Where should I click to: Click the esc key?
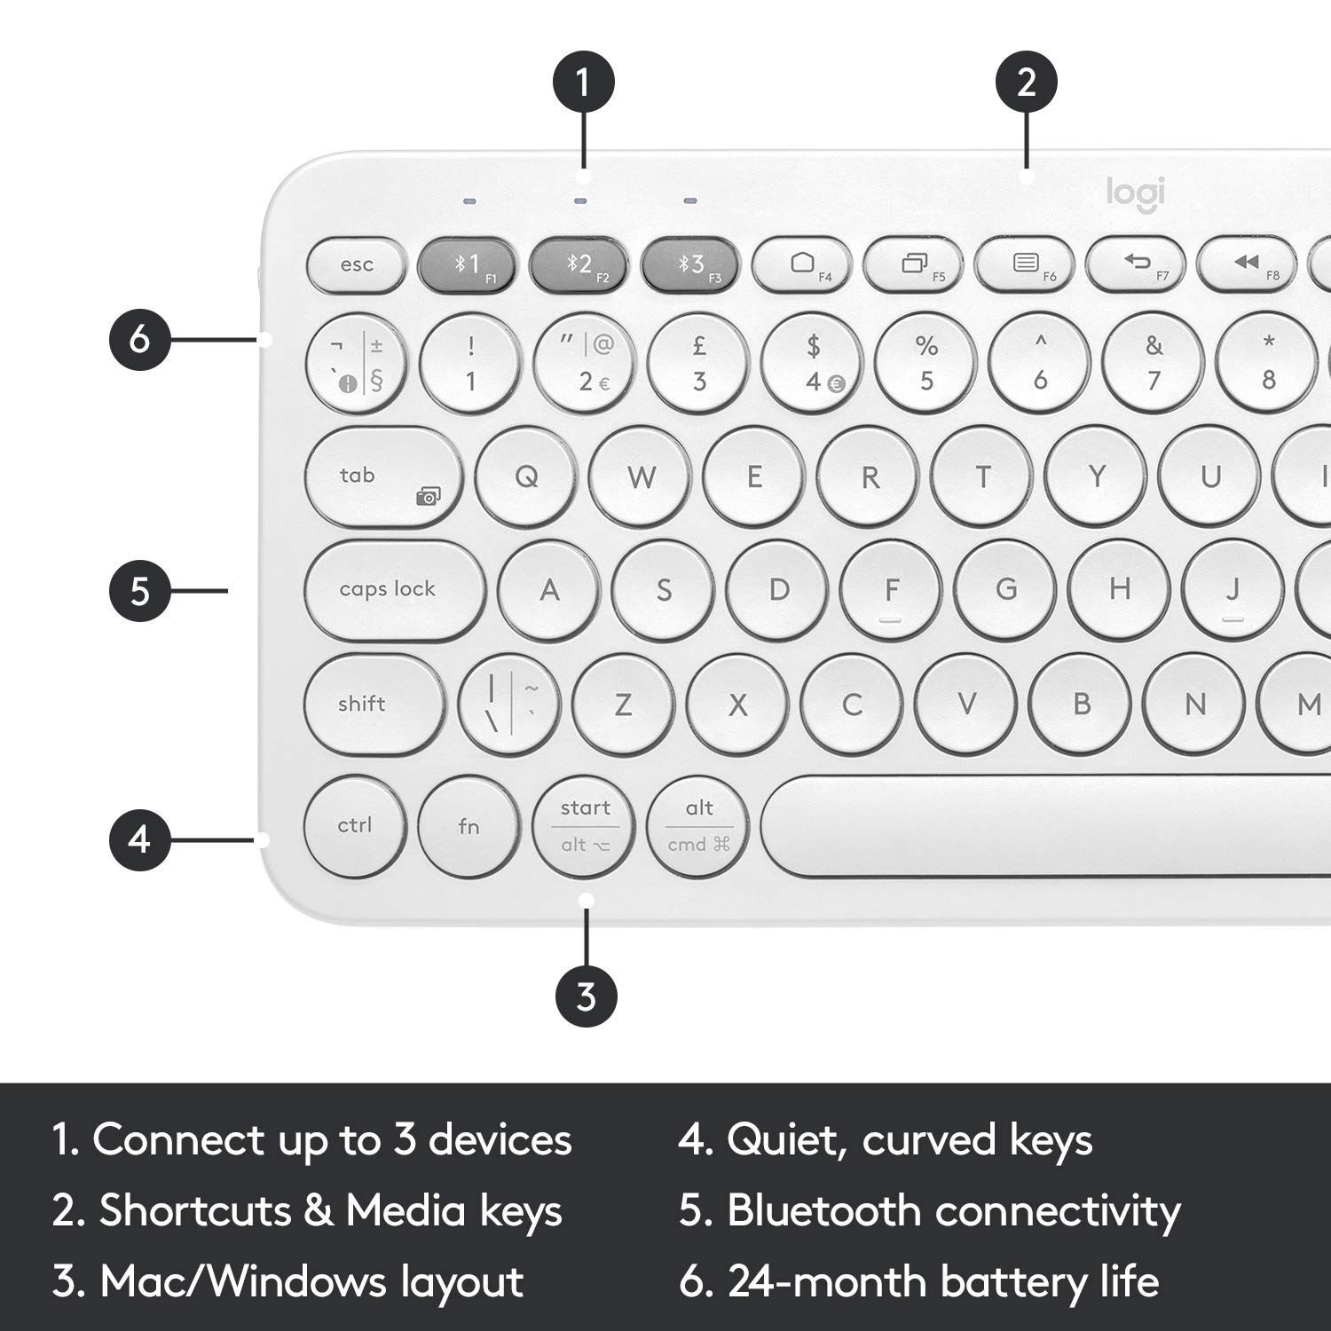point(356,264)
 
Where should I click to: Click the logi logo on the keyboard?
point(1135,193)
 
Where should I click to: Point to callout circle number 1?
point(583,83)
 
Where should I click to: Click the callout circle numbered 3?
point(586,996)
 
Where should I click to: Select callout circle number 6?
point(140,339)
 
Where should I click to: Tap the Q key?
point(526,477)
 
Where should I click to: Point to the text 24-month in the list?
point(827,1282)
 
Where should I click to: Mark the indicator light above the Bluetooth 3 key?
point(690,201)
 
